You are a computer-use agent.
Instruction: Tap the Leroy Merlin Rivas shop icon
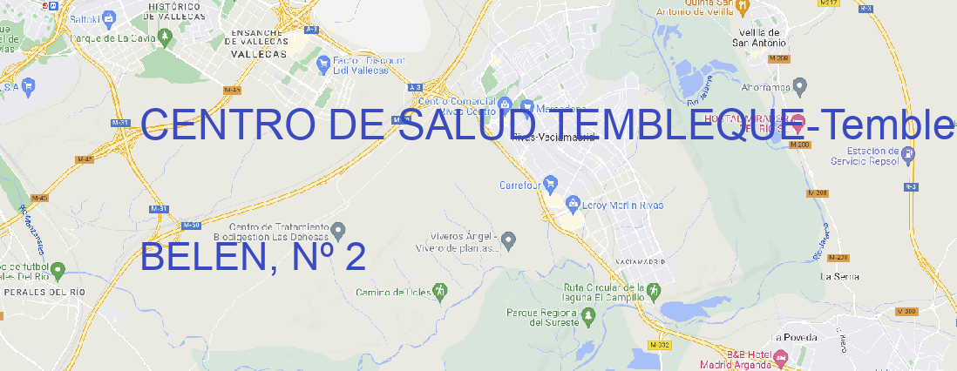(x=573, y=205)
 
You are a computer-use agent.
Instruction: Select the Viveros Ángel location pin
(x=510, y=239)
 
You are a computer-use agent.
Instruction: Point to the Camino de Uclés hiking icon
(x=440, y=291)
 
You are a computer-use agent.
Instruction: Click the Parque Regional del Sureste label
(x=542, y=317)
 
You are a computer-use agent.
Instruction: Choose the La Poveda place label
(x=794, y=337)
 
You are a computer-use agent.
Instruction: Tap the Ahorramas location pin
(x=800, y=85)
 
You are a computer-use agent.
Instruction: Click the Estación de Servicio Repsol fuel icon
(x=909, y=154)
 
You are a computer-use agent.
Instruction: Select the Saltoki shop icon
(x=109, y=17)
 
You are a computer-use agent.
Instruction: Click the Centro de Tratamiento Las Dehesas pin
(x=339, y=231)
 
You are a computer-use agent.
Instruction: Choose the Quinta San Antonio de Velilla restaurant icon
(x=742, y=8)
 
